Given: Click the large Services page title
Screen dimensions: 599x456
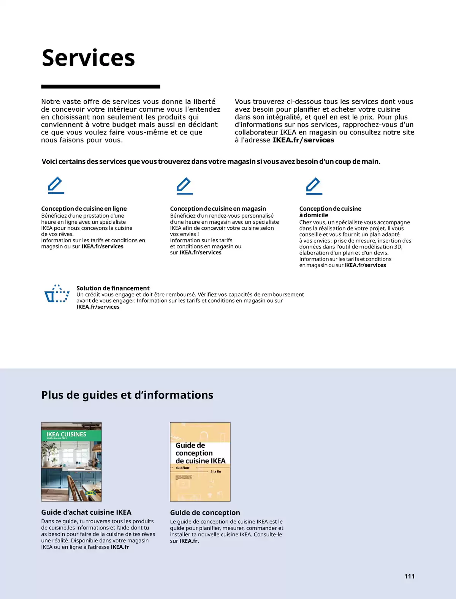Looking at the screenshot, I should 88,58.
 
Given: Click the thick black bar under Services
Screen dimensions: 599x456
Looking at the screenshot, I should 100,87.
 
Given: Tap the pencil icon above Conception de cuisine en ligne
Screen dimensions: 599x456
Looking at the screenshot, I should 56,185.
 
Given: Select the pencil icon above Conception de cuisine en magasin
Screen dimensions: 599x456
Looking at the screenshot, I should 185,186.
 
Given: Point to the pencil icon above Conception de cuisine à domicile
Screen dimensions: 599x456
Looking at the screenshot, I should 314,186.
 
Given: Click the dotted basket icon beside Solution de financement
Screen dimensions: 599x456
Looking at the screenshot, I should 57,294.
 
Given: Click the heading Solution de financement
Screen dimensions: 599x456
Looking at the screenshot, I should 113,288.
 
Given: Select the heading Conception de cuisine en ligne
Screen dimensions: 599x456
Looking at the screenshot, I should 84,209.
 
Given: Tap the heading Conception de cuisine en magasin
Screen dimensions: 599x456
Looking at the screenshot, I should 218,209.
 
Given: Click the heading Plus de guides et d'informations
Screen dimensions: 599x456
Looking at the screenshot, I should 127,395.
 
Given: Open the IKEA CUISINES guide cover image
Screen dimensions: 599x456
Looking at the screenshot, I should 71,462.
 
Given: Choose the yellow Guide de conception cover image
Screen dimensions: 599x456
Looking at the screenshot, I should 200,462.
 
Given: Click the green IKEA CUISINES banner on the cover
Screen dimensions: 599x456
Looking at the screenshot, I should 71,435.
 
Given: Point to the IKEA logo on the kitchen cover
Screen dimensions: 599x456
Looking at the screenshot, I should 90,493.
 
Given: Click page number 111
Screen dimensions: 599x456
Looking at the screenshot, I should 409,576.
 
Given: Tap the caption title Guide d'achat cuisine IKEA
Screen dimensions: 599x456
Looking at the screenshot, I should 86,512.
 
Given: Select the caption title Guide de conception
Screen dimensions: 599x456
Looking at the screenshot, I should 205,513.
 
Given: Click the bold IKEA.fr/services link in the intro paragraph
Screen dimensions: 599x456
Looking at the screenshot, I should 303,140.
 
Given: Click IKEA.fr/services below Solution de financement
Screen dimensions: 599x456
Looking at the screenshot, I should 98,307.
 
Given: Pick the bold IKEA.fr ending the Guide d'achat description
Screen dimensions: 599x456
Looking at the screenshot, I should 120,547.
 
